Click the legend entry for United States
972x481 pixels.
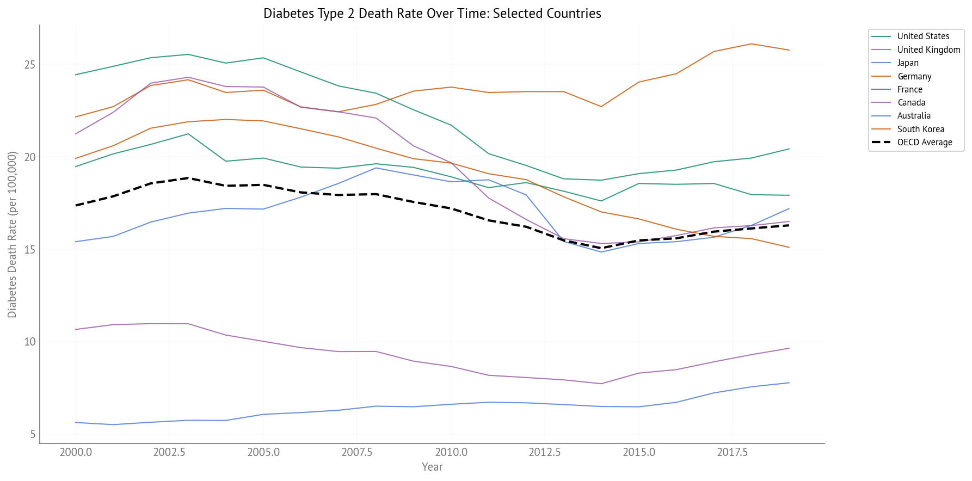point(923,36)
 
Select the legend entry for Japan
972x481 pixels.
point(908,63)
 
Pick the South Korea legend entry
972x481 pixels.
point(920,129)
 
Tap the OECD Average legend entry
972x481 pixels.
point(924,143)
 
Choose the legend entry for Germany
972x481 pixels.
point(914,77)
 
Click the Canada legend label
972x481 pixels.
point(911,103)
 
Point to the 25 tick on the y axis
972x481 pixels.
point(30,65)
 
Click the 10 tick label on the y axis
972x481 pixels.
point(30,342)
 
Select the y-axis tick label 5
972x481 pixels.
point(33,434)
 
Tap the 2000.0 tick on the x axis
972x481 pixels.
point(75,453)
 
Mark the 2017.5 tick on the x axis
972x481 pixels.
point(732,453)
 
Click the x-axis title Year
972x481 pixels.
point(432,467)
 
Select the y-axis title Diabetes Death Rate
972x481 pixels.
point(12,235)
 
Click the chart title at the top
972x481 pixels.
point(432,14)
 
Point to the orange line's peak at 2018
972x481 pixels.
point(752,44)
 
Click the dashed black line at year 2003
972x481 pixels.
point(188,178)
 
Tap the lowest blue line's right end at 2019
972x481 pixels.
point(789,383)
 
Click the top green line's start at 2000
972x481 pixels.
point(75,75)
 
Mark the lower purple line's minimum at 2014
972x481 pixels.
point(601,384)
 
